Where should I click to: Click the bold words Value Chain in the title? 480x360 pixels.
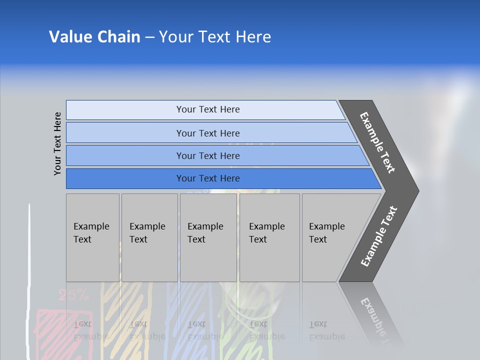94,37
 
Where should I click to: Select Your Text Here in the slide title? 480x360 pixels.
215,37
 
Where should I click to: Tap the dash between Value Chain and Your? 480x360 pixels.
149,37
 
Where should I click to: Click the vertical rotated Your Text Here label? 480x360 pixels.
57,143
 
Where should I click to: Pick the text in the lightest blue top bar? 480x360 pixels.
208,109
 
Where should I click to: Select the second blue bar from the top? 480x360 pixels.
208,133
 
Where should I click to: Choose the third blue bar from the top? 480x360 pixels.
208,155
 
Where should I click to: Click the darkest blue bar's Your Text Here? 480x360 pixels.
208,178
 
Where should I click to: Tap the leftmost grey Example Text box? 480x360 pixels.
92,237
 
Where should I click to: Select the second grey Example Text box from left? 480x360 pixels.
149,237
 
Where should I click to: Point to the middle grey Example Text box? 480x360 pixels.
208,237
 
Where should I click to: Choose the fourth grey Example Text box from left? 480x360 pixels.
269,237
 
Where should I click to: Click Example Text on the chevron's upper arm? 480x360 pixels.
377,142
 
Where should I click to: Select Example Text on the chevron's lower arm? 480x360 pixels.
378,236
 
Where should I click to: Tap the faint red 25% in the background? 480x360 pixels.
73,295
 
